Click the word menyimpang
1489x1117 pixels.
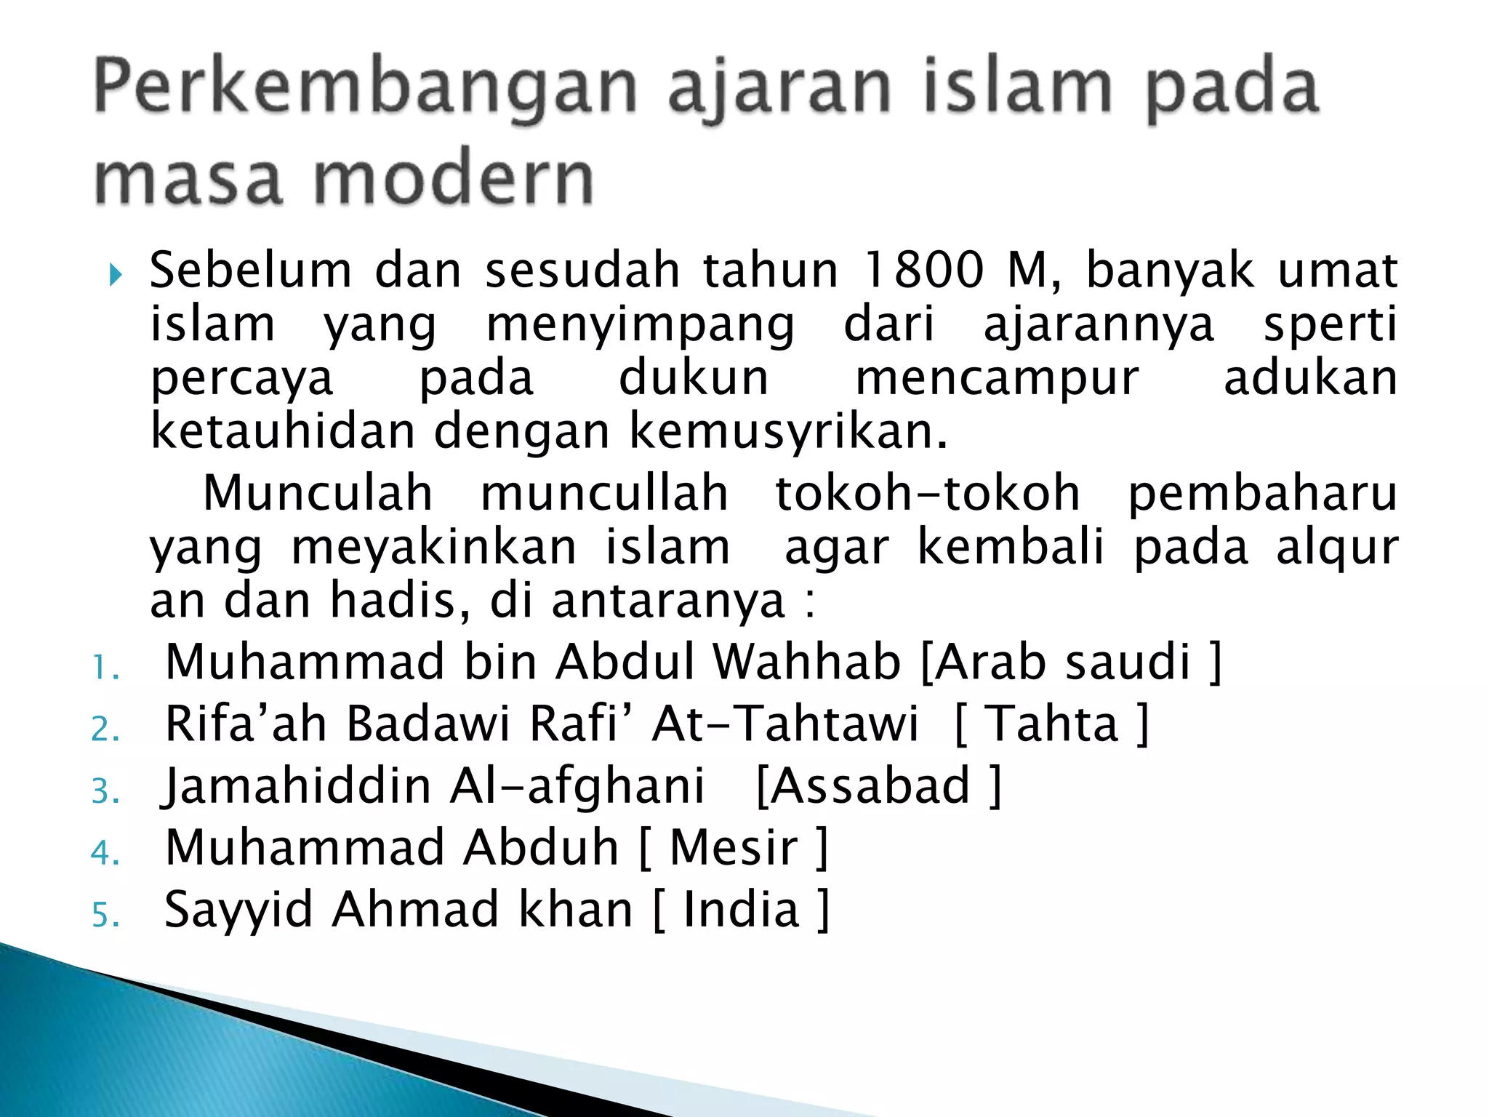(x=641, y=324)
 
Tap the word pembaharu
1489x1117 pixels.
(x=1262, y=493)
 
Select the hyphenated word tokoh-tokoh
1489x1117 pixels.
(x=927, y=493)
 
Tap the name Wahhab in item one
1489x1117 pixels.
(x=806, y=662)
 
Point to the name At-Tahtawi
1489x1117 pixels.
(x=785, y=724)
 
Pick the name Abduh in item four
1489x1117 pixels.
(x=541, y=848)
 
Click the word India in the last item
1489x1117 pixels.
(x=742, y=910)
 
